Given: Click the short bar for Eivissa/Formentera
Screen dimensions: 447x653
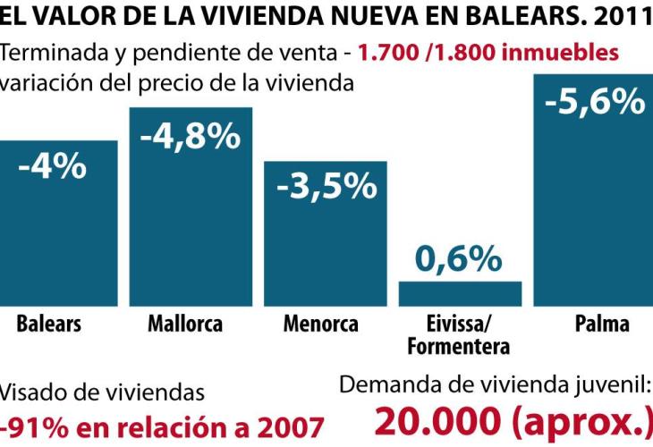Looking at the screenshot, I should tap(460, 294).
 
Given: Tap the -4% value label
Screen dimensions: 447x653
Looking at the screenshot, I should tap(52, 167).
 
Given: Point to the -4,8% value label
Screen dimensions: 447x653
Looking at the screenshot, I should tap(191, 136).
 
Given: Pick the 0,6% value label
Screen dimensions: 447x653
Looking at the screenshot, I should tap(459, 259).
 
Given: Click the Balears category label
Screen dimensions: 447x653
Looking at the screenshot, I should tap(48, 324).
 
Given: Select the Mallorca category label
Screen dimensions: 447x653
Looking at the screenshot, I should tap(185, 324).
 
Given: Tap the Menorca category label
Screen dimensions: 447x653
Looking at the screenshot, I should tap(320, 324).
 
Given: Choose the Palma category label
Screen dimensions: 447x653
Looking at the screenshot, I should tap(602, 324).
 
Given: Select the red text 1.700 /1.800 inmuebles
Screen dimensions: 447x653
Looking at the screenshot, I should tap(488, 52).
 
